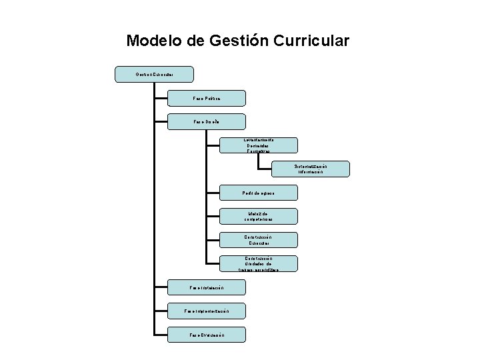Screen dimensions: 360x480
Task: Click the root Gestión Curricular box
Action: point(155,74)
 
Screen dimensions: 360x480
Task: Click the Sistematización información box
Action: point(311,169)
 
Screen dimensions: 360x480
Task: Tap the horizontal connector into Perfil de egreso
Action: point(212,193)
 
